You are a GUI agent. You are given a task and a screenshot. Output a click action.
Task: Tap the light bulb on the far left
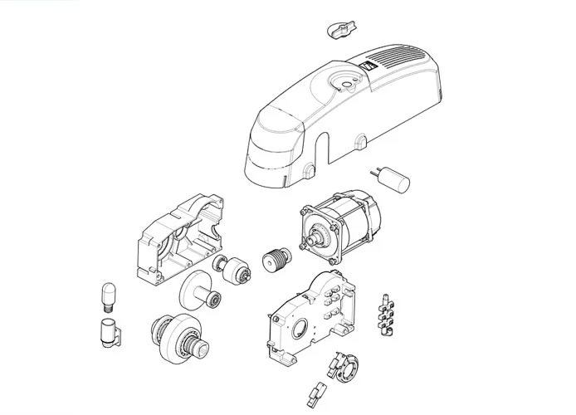105,294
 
